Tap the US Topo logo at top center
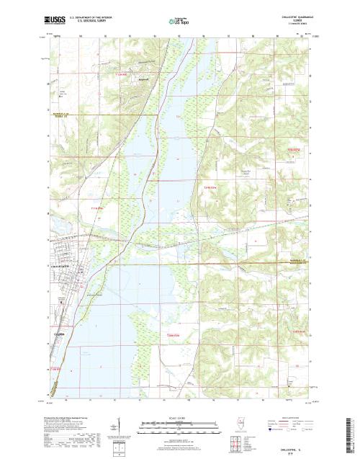tap(179, 19)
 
